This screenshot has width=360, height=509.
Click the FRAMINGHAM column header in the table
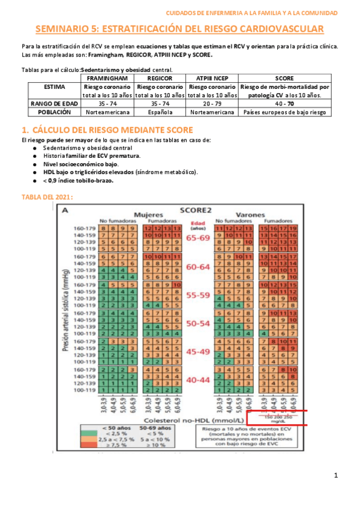(x=108, y=78)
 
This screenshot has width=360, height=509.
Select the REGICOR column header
(x=160, y=78)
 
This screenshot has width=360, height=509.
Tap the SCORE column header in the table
(x=284, y=78)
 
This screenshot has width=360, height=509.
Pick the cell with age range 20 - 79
(x=211, y=103)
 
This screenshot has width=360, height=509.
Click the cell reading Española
(x=160, y=112)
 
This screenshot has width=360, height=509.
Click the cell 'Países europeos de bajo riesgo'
(x=284, y=112)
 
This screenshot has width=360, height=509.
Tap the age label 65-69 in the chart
(x=198, y=238)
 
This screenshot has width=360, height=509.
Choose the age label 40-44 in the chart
(x=198, y=380)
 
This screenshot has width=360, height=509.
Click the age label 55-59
(x=198, y=295)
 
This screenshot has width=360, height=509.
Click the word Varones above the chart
(x=250, y=214)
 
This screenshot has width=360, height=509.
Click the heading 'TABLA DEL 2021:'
(x=47, y=196)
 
